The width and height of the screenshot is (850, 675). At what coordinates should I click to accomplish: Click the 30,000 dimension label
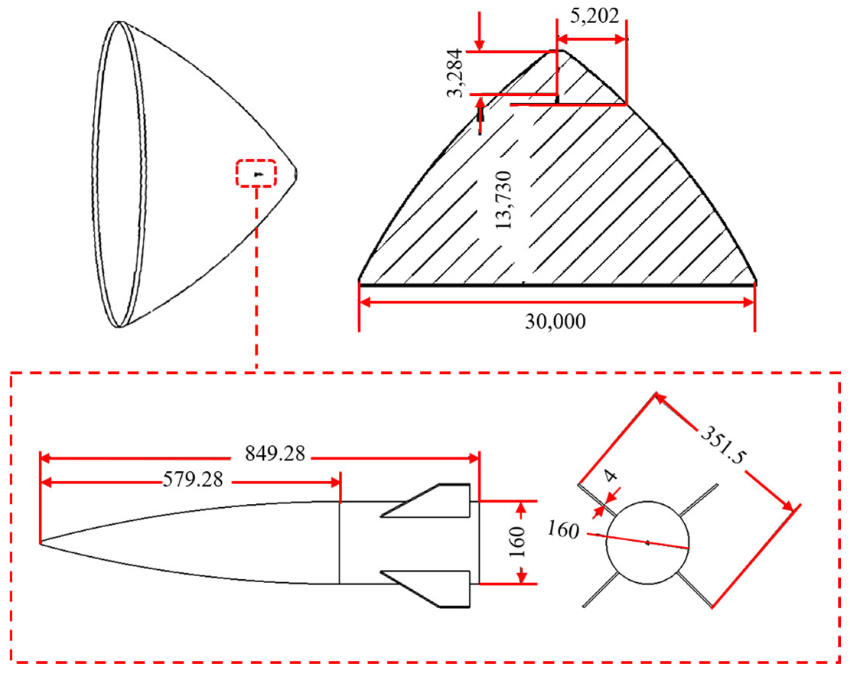click(555, 322)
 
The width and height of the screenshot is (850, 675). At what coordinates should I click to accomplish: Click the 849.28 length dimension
click(275, 453)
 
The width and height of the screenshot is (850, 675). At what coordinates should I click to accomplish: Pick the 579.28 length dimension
click(193, 480)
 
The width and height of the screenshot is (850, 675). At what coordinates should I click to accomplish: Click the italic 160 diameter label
click(563, 531)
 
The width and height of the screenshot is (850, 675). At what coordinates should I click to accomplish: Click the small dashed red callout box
click(256, 173)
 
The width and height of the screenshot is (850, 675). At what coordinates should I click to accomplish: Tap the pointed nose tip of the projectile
click(41, 543)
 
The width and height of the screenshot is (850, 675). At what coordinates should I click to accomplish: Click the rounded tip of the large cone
click(296, 173)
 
